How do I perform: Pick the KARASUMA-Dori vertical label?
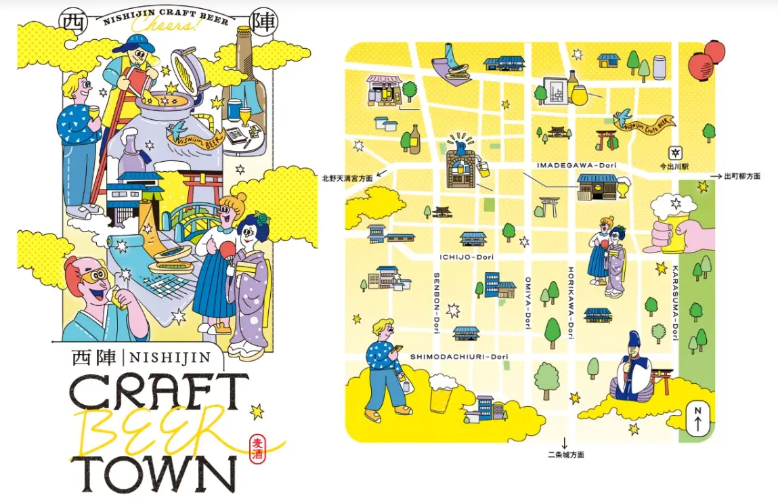pos(675,301)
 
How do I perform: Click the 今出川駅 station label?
pos(675,165)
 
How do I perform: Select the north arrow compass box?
pos(697,420)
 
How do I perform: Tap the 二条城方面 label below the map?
pos(566,455)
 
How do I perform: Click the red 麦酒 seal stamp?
pos(258,449)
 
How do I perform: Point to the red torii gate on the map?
pos(605,139)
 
